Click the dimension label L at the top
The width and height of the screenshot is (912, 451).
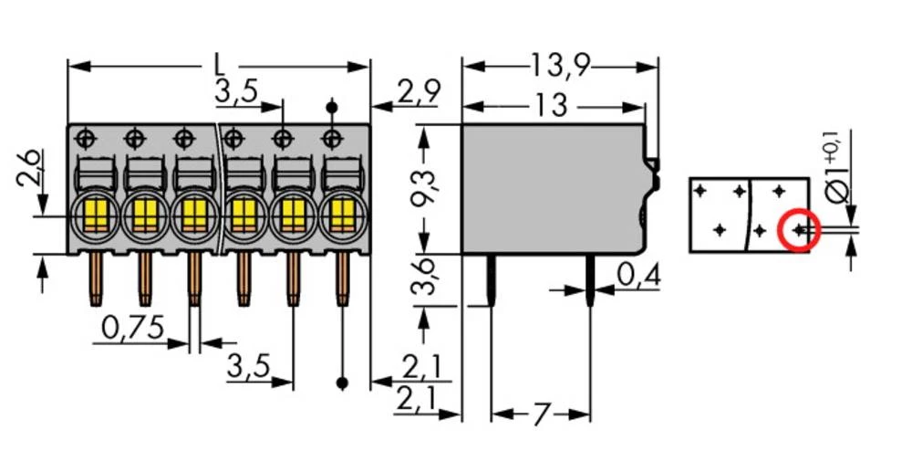click(x=218, y=65)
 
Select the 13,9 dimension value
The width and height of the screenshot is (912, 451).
click(x=559, y=65)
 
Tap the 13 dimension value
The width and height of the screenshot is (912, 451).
click(x=552, y=105)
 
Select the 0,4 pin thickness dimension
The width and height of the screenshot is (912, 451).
click(x=638, y=274)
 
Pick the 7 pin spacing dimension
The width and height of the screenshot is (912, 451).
click(x=542, y=415)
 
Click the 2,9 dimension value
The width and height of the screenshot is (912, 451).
click(x=420, y=91)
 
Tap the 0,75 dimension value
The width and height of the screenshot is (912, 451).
click(x=133, y=328)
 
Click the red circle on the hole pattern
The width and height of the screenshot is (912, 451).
click(x=799, y=229)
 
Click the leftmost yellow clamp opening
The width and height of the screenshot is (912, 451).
click(x=92, y=216)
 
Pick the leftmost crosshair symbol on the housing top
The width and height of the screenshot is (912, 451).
click(x=86, y=140)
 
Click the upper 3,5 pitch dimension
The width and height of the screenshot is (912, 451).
click(x=236, y=93)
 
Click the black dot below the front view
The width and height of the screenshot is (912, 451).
click(x=342, y=383)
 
